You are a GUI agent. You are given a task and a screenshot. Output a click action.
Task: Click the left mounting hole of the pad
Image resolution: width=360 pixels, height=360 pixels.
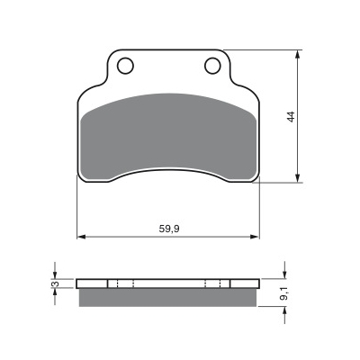[125, 66]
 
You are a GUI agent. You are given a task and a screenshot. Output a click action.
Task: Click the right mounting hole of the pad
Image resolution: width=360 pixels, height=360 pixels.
[212, 66]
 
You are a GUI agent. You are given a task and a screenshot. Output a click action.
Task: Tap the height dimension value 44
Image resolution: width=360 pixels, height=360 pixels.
[291, 116]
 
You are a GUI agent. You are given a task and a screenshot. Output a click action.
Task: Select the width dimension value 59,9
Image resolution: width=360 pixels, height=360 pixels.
[169, 229]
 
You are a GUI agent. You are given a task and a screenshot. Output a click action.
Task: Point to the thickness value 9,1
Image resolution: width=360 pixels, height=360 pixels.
[283, 293]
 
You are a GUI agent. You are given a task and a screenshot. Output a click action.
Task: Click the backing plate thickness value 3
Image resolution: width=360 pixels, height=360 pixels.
[54, 283]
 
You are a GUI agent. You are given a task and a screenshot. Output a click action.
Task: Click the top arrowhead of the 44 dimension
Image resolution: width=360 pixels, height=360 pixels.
[297, 54]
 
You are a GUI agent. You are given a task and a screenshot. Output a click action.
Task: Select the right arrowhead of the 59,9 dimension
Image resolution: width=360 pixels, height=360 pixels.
[255, 237]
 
